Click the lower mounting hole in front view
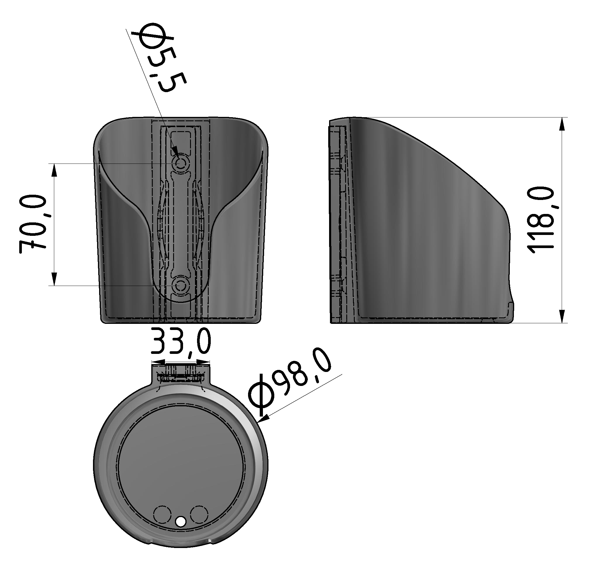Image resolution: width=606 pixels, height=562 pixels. (181, 286)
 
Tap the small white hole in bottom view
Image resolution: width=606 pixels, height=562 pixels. (181, 522)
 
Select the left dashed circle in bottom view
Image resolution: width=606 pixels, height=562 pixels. (162, 514)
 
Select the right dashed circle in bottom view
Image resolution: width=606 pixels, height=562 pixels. (199, 514)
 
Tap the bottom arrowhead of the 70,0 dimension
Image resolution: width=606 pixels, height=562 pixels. (55, 279)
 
